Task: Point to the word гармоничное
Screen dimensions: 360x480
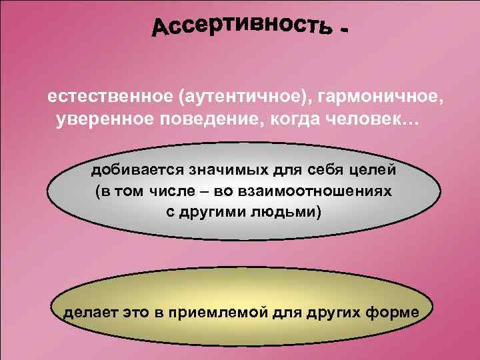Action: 379,97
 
